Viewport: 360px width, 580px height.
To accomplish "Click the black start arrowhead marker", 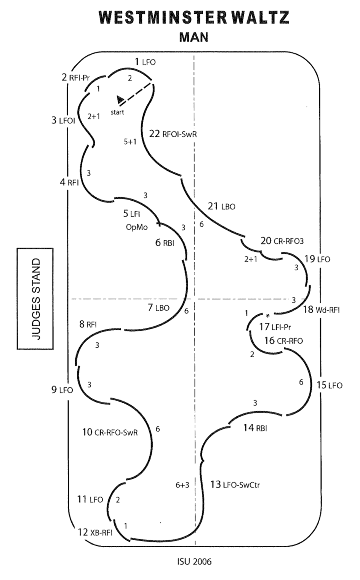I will tap(121, 99).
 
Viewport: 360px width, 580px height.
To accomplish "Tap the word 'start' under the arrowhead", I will tap(117, 112).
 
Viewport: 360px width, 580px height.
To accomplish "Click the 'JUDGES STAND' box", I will tap(35, 299).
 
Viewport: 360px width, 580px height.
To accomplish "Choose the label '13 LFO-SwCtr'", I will tap(235, 484).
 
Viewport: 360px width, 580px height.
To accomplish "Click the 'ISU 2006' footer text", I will tap(194, 561).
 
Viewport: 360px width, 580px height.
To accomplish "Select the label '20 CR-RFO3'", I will tap(282, 241).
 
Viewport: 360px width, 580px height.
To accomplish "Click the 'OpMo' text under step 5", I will tap(137, 227).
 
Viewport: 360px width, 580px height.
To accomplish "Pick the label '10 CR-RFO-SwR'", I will tap(110, 432).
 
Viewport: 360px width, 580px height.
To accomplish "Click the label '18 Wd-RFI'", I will tap(321, 310).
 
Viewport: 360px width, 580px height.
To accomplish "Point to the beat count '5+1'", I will tap(130, 142).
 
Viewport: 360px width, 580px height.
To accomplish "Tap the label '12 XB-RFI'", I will tap(95, 532).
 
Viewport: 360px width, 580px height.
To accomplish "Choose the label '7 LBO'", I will tap(158, 307).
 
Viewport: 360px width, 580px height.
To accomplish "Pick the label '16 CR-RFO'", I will tap(283, 340).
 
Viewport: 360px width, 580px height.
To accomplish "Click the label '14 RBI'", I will tap(255, 428).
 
